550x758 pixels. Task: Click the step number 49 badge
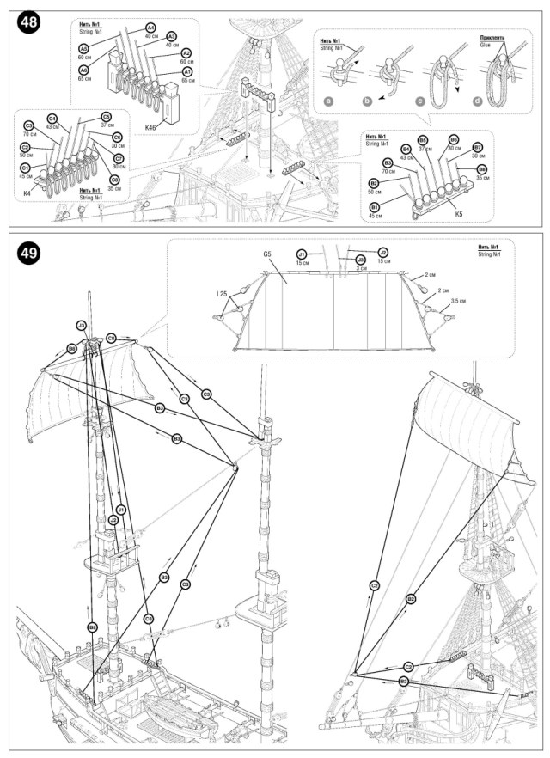coord(27,252)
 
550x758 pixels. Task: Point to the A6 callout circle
coord(84,70)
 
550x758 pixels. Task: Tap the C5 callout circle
coord(107,117)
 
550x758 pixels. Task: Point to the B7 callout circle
coord(478,147)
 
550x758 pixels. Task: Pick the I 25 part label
coord(222,294)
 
